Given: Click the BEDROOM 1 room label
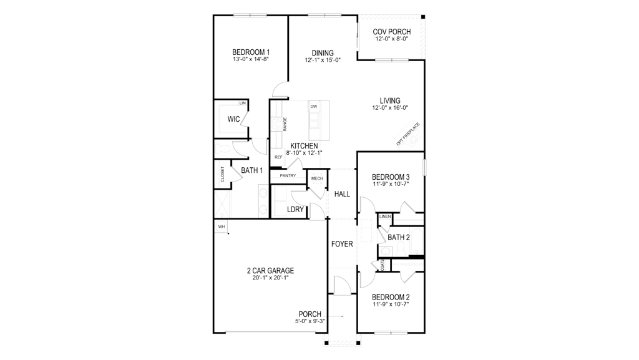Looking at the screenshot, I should [251, 52].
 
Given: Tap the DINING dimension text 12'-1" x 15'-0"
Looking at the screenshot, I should [323, 61].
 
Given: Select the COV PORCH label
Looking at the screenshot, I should [391, 31].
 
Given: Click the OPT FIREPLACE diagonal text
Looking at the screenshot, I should [408, 134].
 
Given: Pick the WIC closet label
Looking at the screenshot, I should [234, 119].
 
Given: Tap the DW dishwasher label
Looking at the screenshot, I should [314, 107].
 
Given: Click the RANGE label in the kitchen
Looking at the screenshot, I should [285, 124].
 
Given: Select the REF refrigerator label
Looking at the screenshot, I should [278, 157].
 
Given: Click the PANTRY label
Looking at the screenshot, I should [288, 176].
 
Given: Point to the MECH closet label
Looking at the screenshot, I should [317, 179].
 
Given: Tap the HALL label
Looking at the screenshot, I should [342, 194].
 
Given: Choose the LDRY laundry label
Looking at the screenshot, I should [295, 210].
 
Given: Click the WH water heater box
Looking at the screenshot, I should [221, 226].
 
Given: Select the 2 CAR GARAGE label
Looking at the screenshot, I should [270, 271].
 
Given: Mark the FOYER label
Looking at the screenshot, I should [342, 244].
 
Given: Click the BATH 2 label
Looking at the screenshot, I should [399, 237].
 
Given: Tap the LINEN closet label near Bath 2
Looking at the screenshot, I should [385, 216].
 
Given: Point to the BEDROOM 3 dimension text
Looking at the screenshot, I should [391, 185].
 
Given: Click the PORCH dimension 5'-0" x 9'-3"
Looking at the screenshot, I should [310, 321].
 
